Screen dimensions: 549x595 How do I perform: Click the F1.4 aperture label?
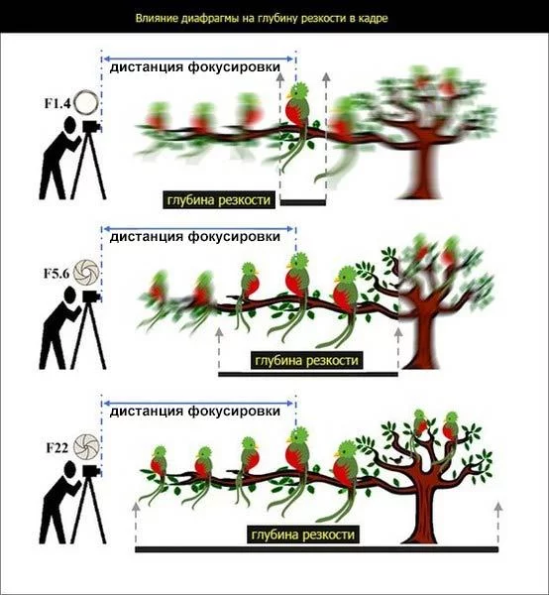57,103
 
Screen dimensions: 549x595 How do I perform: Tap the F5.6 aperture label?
56,274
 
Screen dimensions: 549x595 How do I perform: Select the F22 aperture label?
57,448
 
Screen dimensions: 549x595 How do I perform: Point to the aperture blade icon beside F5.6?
86,273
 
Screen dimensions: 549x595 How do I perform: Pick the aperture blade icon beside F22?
86,447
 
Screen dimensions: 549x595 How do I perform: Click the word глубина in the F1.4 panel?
188,199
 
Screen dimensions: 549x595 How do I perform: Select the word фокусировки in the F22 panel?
234,411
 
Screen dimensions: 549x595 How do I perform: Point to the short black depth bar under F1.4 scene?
303,203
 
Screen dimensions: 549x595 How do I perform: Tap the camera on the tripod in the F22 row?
91,471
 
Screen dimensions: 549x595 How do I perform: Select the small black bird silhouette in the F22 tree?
397,460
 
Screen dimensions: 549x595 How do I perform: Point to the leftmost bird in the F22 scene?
157,470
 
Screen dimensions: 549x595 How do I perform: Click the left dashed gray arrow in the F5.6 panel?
219,349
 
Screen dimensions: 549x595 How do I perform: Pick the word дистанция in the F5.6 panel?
147,236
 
